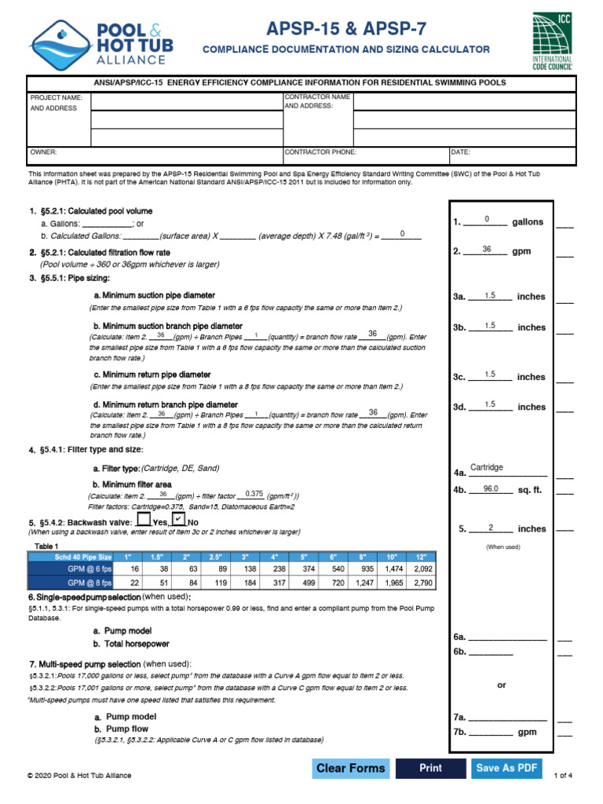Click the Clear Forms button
[350, 768]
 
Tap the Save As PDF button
[507, 768]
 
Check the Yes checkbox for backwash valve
[143, 520]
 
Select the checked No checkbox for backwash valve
[179, 520]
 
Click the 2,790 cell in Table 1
[422, 583]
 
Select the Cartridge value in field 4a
[487, 468]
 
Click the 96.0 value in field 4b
[491, 488]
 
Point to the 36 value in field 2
[487, 250]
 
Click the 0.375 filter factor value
[254, 493]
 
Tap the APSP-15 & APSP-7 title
[346, 30]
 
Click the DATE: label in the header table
[461, 152]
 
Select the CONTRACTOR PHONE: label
[320, 152]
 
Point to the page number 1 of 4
[563, 776]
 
